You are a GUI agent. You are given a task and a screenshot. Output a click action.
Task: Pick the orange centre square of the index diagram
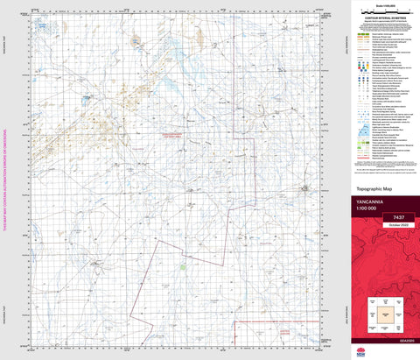coord(384,311)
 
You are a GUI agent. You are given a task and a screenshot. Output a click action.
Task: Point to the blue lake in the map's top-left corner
coord(42,27)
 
